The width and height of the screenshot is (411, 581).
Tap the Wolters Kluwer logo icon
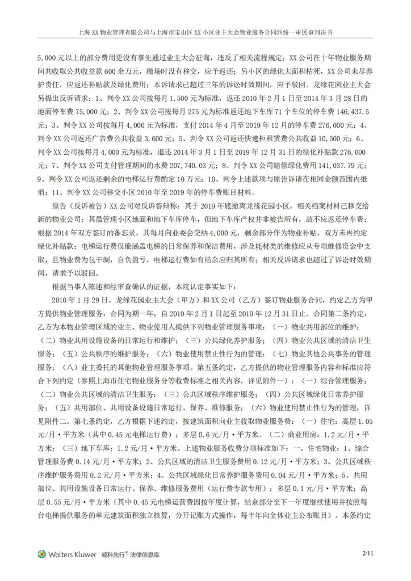pyautogui.click(x=41, y=553)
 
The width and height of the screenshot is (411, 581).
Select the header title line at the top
pyautogui.click(x=205, y=33)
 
